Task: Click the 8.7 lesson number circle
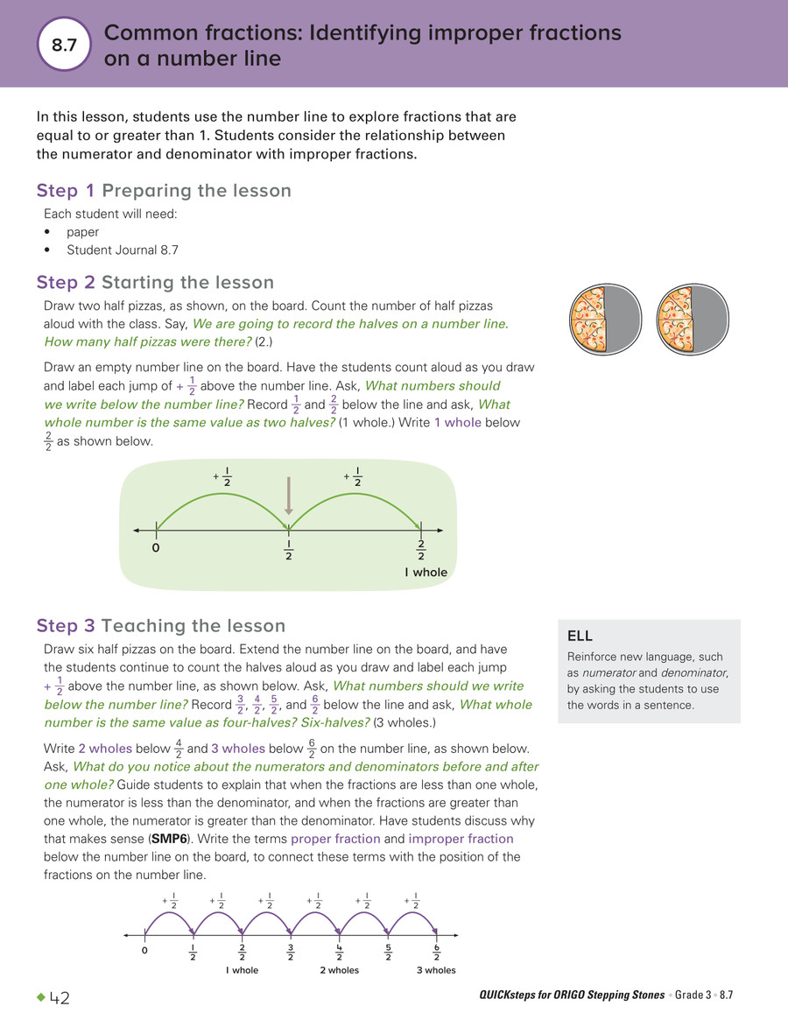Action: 65,46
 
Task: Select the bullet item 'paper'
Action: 83,232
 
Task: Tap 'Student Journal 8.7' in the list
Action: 123,250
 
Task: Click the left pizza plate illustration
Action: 605,319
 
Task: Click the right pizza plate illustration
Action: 692,319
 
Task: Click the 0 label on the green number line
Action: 156,548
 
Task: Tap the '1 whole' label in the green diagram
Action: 426,573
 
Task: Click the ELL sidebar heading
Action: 580,637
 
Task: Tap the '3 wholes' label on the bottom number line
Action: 436,970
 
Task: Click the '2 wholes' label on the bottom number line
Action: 339,970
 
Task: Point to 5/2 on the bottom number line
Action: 388,952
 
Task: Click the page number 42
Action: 60,998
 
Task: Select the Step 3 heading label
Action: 67,626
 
